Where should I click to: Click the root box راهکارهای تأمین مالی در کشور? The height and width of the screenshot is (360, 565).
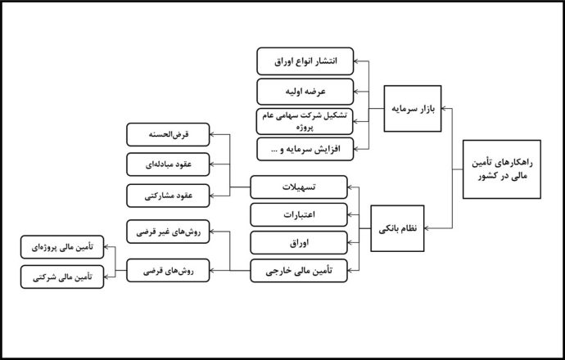coord(502,169)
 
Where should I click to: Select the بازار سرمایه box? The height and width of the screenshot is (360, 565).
coord(413,108)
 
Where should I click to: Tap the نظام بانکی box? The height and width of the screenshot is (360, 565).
coord(397,228)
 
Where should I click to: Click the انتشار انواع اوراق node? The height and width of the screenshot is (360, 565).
coord(305,61)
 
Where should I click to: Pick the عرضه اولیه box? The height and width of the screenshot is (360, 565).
coord(305,92)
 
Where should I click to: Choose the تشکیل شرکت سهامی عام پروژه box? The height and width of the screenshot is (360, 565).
coord(305,121)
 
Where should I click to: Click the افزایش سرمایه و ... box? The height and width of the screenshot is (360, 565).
coord(305,149)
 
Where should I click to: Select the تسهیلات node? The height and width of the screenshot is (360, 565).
coord(299,187)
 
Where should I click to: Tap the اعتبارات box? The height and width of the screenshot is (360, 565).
coord(299,215)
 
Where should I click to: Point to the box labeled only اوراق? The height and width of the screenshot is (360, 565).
coord(299,243)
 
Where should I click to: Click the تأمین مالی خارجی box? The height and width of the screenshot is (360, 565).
coord(299,271)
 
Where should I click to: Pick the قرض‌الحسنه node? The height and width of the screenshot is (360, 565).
coord(168,135)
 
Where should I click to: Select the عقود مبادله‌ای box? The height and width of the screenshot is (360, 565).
coord(168,164)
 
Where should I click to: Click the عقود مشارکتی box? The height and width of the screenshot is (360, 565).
coord(168,196)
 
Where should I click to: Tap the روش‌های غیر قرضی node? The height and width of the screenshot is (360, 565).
coord(168,232)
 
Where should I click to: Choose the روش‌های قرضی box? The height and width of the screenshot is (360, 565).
coord(168,270)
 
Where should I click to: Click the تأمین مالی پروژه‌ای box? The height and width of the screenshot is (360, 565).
coord(62,247)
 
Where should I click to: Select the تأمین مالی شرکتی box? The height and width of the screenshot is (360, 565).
coord(62,277)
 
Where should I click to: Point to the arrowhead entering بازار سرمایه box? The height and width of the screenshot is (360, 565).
coord(444,108)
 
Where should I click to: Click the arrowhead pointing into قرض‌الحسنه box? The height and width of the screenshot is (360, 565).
coord(212,135)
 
